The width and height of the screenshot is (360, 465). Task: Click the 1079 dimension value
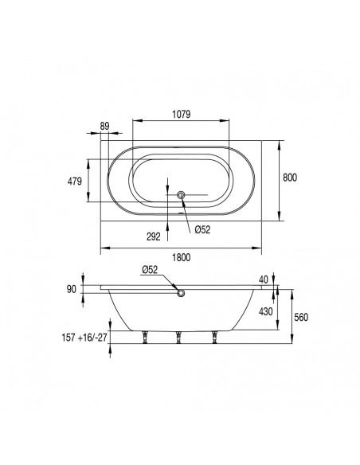click(x=181, y=115)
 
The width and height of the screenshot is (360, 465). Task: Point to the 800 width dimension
click(x=290, y=178)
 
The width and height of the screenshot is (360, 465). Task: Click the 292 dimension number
click(x=155, y=236)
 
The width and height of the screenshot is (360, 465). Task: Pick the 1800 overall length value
click(x=181, y=258)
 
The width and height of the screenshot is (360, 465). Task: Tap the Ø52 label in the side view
click(x=153, y=271)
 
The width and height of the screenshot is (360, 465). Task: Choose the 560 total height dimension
click(x=301, y=317)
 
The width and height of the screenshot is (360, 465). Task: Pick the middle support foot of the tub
click(x=179, y=338)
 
